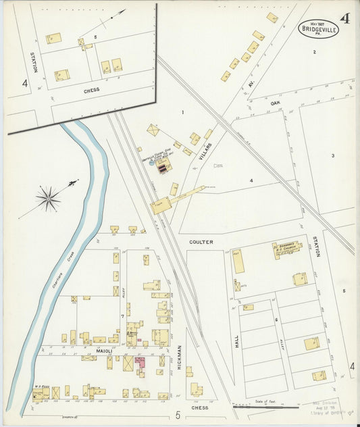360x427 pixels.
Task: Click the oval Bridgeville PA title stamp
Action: pos(319,29)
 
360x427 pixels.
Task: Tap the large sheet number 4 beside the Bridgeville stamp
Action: pos(345,18)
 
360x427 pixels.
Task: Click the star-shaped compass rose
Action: pos(48,198)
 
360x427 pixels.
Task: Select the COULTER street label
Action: pos(201,242)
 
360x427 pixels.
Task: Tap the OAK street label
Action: pos(275,103)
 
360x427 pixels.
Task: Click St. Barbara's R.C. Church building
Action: pos(286,250)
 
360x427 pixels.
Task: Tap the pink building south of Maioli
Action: pos(140,363)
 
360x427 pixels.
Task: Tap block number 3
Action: pos(333,156)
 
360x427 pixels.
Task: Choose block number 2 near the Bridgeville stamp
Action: pos(314,51)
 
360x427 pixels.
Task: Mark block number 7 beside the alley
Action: pos(122,316)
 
